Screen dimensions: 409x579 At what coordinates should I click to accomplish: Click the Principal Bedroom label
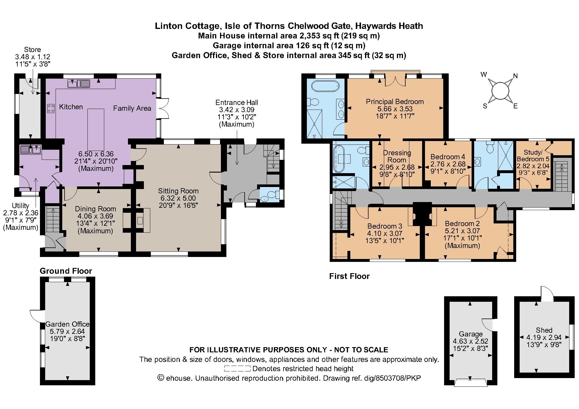point(395,101)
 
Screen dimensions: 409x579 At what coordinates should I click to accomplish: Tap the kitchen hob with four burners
point(51,108)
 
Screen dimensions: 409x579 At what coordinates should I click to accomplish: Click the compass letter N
point(515,76)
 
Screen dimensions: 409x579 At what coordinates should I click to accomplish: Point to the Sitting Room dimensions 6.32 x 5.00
point(178,198)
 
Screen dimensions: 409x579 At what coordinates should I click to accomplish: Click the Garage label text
point(470,334)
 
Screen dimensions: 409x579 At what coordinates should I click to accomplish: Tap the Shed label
point(544,330)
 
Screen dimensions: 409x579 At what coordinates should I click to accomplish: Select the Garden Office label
point(67,324)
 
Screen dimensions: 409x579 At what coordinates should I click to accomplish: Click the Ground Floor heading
point(66,271)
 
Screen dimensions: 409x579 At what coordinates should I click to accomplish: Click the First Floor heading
point(349,276)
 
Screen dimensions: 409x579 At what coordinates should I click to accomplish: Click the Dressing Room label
point(397,156)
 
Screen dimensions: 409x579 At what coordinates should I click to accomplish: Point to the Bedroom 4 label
point(448,157)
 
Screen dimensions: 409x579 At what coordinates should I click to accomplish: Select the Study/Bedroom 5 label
point(533,156)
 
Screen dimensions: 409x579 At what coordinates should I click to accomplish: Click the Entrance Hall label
point(237,102)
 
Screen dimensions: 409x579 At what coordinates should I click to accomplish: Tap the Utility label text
point(20,206)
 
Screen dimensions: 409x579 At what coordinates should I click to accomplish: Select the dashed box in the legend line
point(237,369)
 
